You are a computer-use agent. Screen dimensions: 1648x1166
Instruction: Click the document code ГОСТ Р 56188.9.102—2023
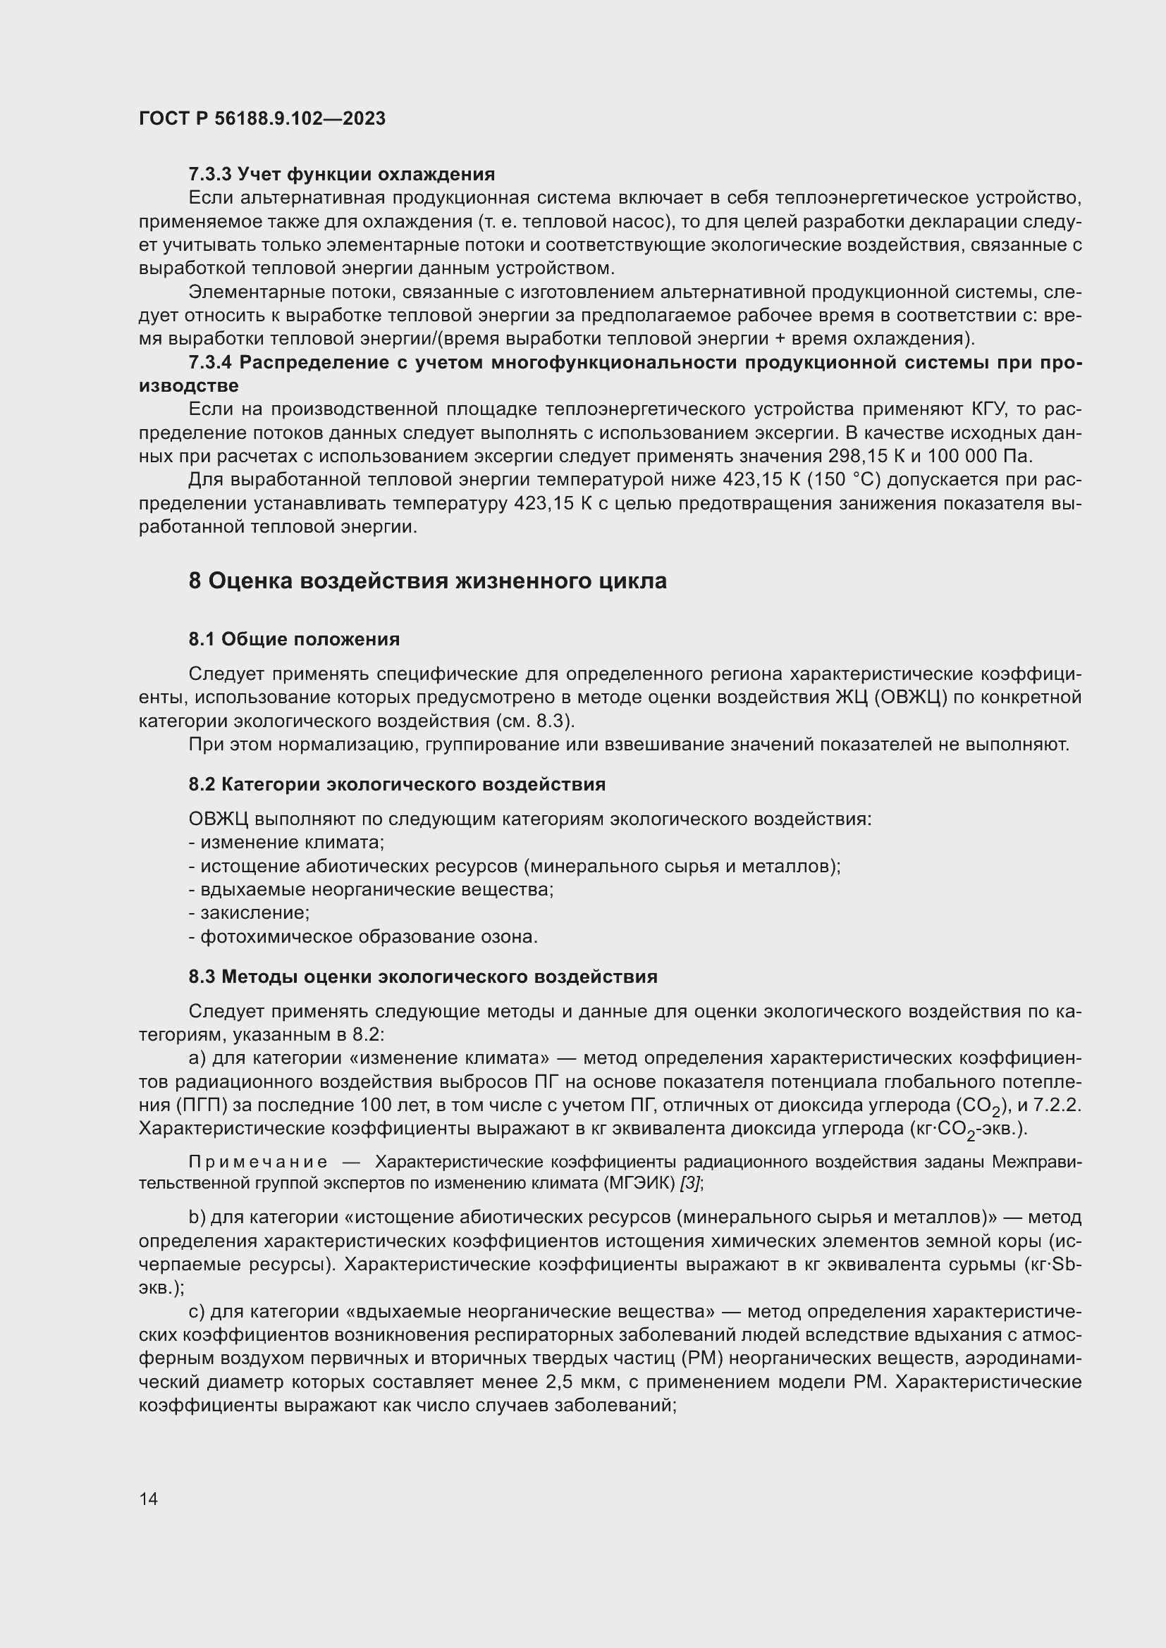coord(262,118)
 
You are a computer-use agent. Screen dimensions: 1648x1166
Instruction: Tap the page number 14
coord(149,1499)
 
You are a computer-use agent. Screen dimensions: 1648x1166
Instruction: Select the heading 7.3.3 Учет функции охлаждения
coord(342,175)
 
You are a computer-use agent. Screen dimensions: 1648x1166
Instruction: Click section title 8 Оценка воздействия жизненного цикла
coord(427,581)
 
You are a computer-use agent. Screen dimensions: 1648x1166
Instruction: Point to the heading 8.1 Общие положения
coord(295,639)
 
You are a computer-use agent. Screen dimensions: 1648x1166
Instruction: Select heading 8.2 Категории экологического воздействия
coord(397,784)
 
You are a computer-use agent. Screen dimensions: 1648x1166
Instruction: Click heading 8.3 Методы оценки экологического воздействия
coord(423,977)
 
